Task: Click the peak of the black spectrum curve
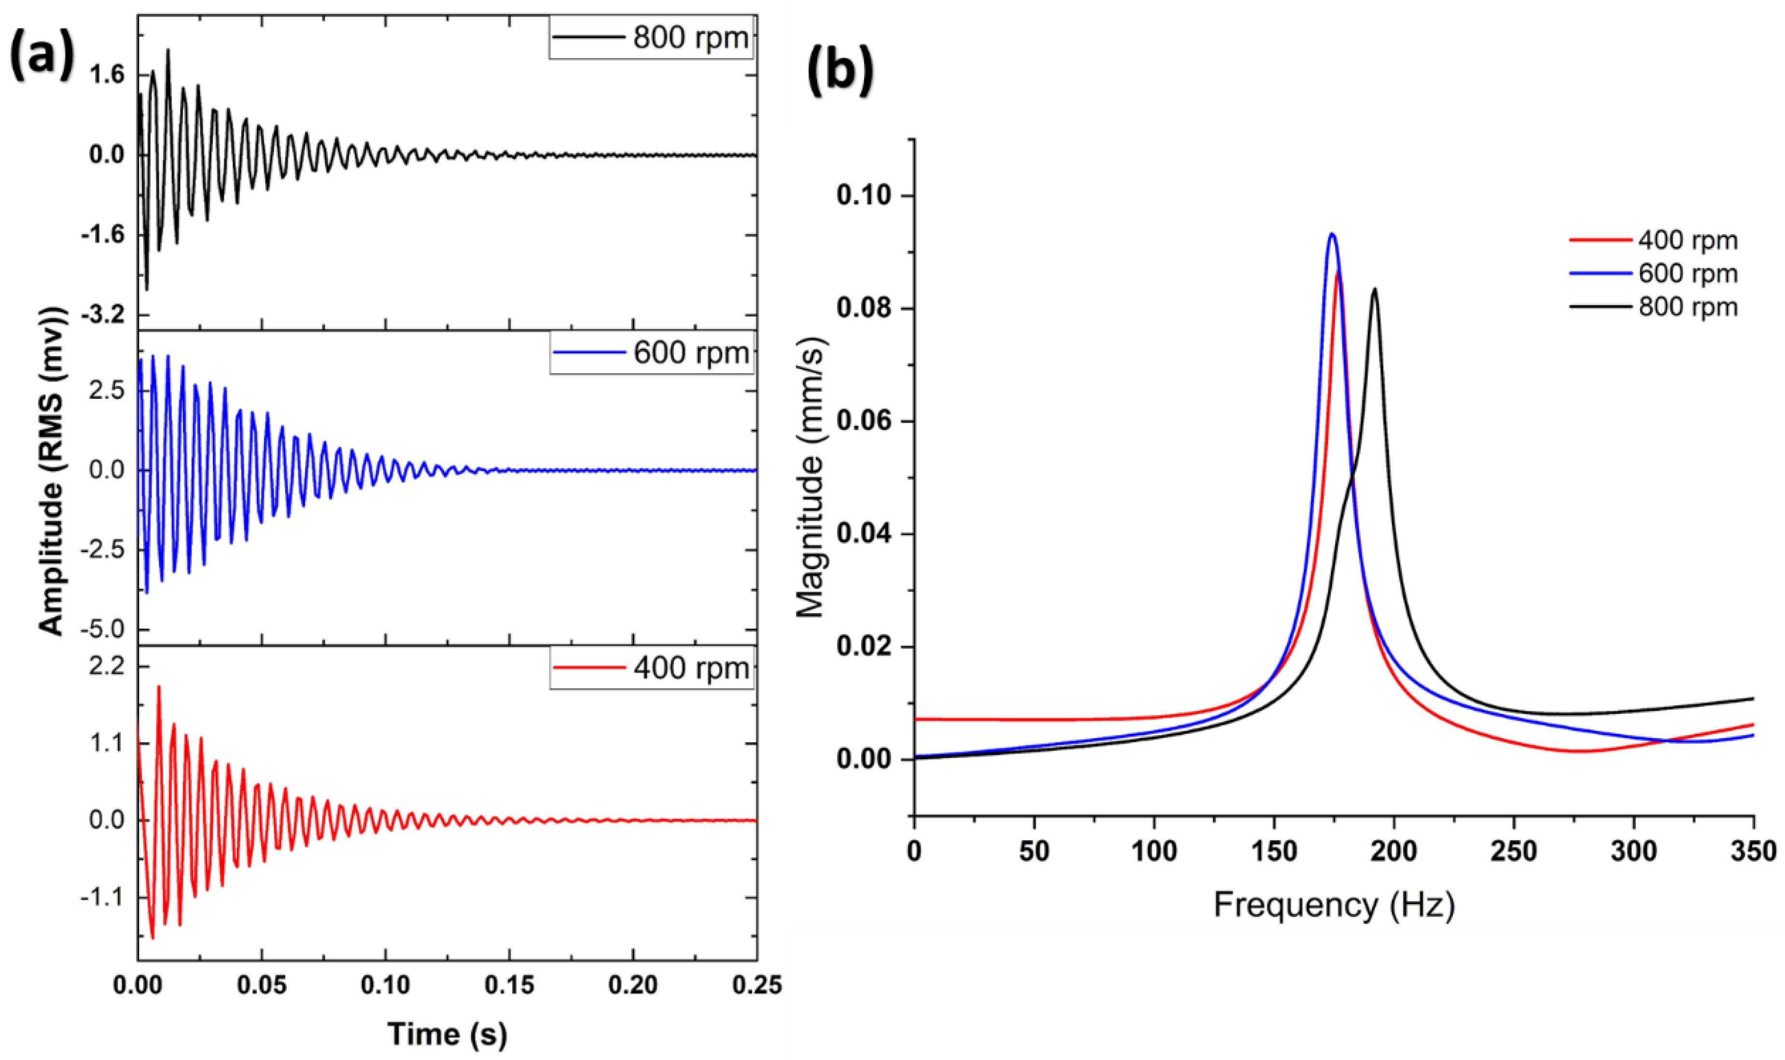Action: click(1374, 289)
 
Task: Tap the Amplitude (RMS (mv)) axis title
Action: click(52, 472)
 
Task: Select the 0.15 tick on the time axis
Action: click(509, 986)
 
